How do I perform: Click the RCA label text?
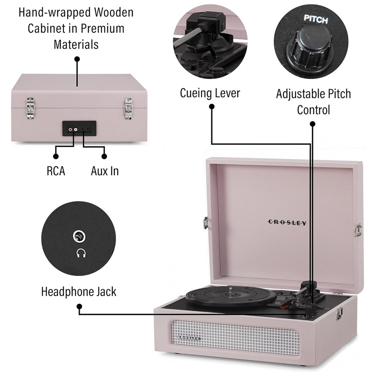click(56, 171)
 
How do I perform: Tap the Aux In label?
click(105, 171)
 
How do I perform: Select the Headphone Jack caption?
click(79, 291)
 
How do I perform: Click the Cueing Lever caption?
click(210, 93)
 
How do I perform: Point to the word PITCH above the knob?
click(316, 20)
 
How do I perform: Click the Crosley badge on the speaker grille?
click(189, 338)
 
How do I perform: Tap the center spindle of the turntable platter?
click(230, 290)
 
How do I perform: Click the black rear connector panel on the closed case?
click(79, 129)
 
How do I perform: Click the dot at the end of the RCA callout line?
click(56, 156)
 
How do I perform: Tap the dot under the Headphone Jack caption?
click(79, 307)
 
